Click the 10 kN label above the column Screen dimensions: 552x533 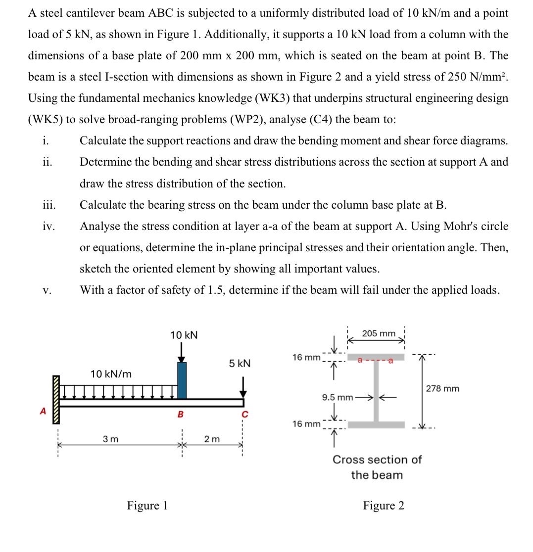pos(184,335)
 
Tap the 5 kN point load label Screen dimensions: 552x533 pos(240,364)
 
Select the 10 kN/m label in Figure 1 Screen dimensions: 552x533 pos(111,374)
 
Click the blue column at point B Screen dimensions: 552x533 pos(182,380)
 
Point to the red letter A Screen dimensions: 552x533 pos(43,411)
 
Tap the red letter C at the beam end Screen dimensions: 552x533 pos(243,414)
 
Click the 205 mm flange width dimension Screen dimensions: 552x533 pos(379,333)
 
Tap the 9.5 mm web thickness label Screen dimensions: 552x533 pos(337,397)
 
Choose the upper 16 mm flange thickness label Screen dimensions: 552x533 pos(306,357)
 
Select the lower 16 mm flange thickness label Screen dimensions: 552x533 pos(306,424)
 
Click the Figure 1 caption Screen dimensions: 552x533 pos(147,506)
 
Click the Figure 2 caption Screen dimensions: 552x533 pos(383,506)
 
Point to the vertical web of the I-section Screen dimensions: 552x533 pos(376,391)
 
